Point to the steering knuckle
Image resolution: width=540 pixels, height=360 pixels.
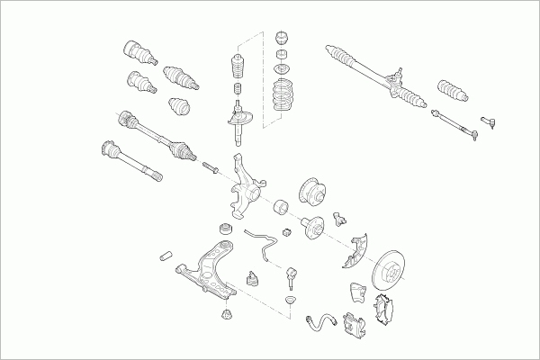coord(246,186)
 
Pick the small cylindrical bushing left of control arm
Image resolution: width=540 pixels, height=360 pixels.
coord(166,256)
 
